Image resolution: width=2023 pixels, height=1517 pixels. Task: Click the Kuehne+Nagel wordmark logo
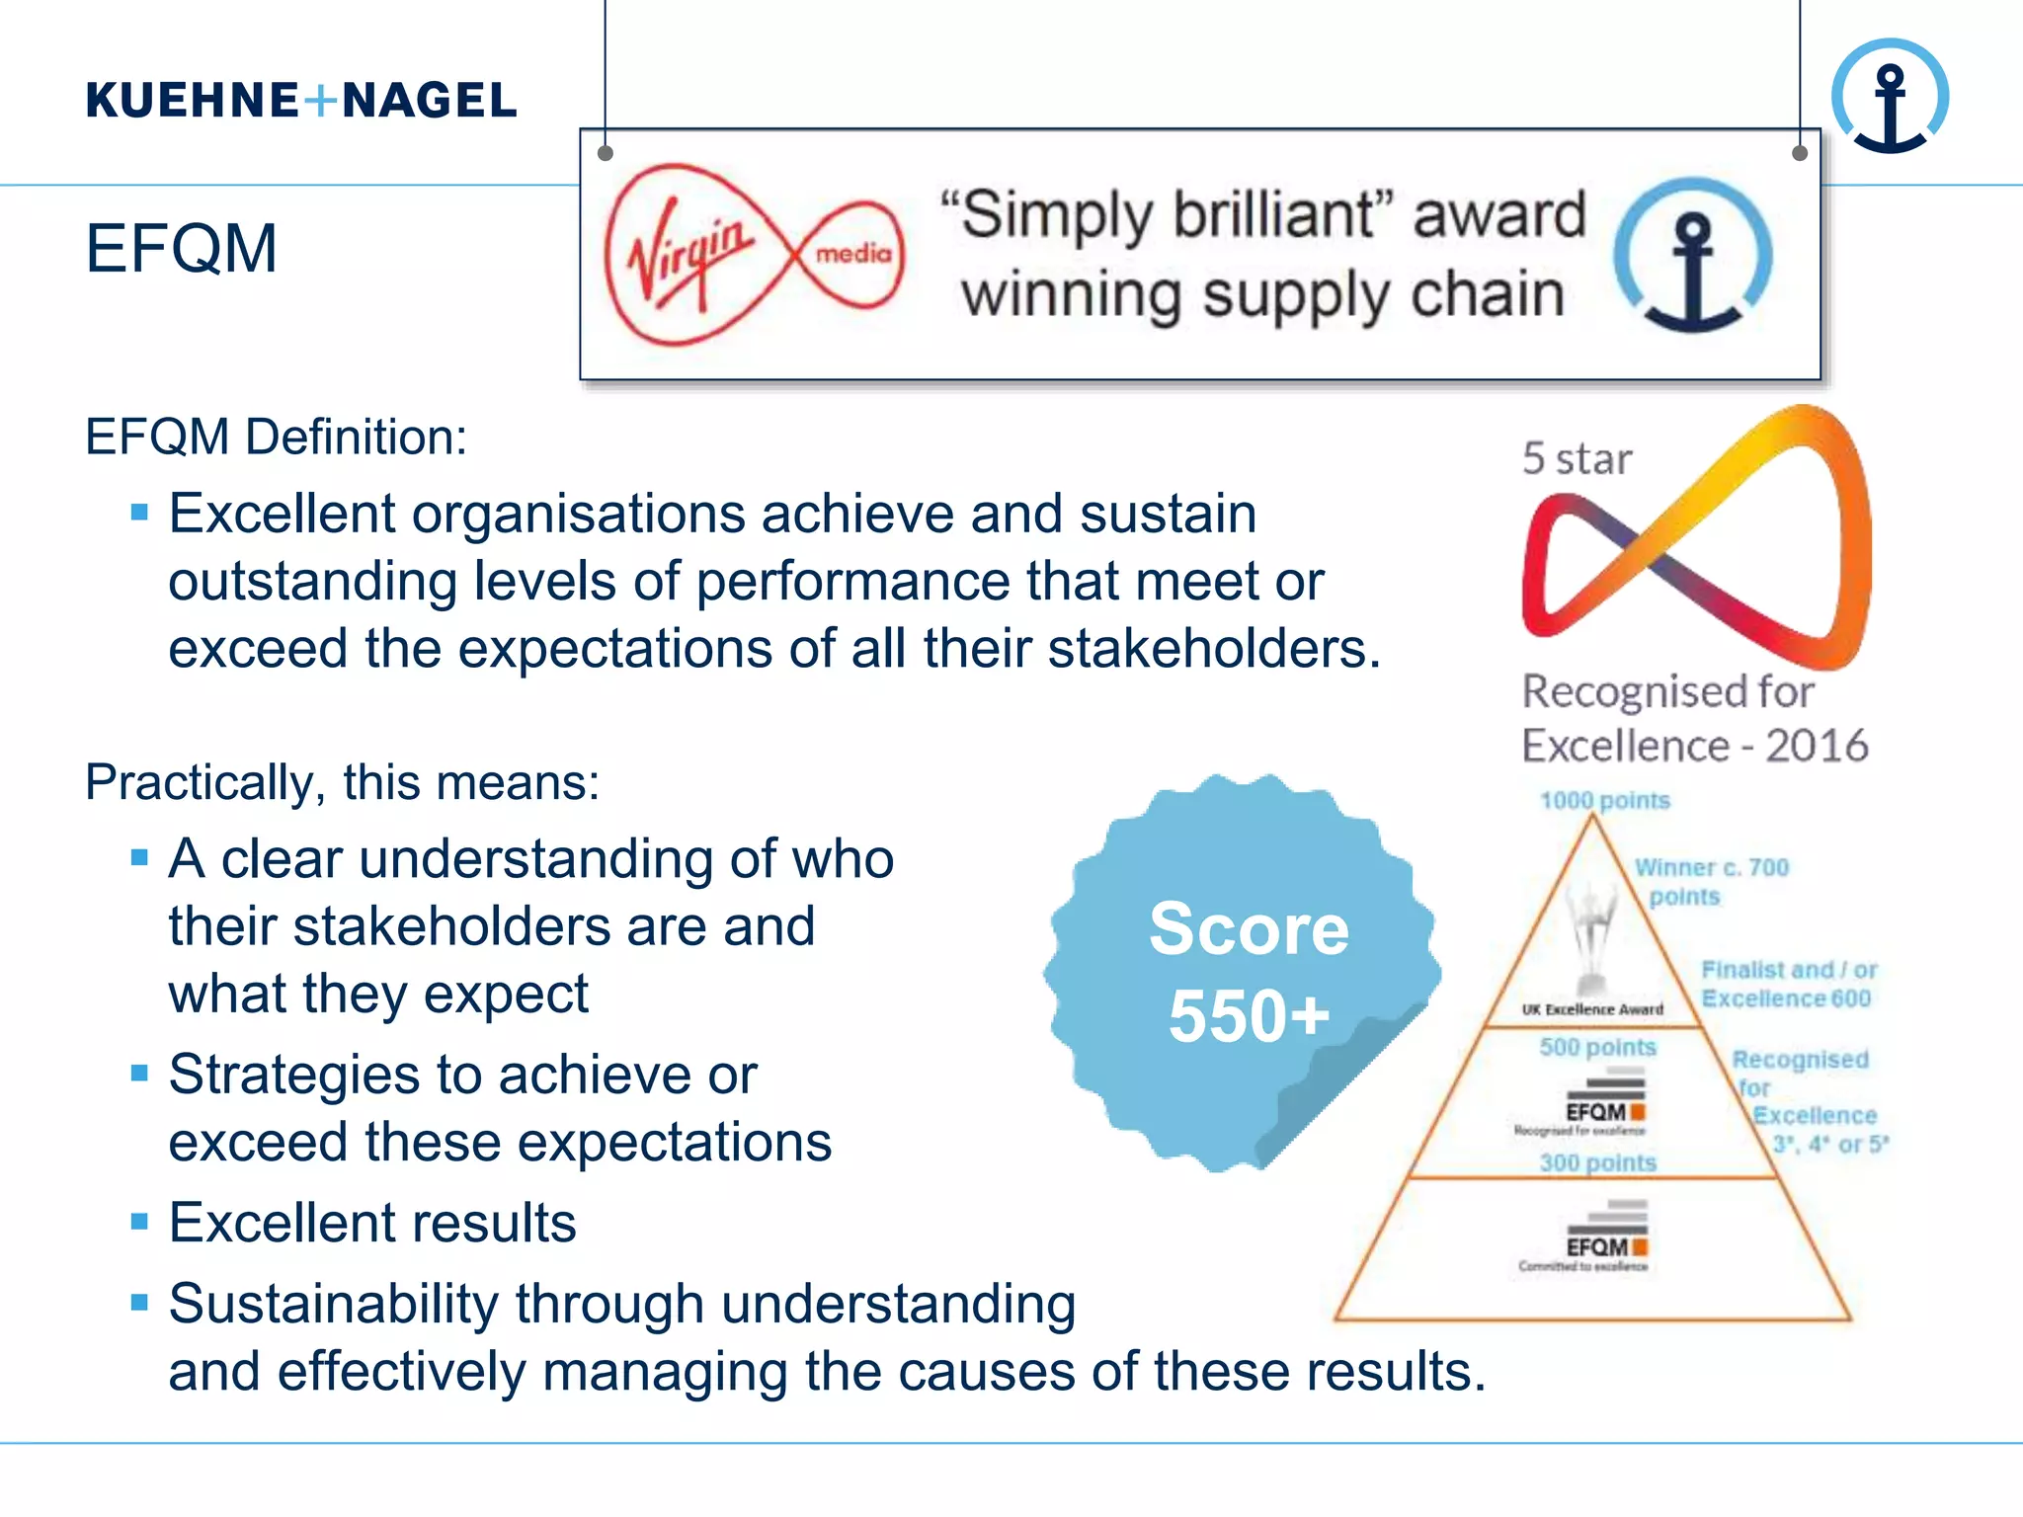pos(301,101)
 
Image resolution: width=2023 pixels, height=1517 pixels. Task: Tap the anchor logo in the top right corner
pos(1890,97)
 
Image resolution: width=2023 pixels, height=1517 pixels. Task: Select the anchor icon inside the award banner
pos(1693,256)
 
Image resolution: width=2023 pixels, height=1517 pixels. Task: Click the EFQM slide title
pos(181,248)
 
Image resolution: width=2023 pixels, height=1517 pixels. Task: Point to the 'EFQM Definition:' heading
pos(276,437)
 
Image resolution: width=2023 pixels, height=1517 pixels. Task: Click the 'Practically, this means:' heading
pos(342,782)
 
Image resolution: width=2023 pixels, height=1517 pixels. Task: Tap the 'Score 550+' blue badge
pos(1247,973)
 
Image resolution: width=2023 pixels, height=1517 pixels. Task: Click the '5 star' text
pos(1577,459)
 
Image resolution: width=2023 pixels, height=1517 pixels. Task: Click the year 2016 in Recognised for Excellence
pos(1817,746)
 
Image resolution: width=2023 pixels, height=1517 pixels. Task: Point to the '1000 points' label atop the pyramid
pos(1605,800)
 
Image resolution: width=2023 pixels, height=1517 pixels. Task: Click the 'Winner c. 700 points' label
pos(1710,882)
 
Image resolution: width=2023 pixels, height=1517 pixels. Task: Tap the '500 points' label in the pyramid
pos(1597,1047)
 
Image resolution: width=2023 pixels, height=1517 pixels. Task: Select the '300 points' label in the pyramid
pos(1597,1162)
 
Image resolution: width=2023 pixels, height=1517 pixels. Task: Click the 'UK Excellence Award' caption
pos(1592,1009)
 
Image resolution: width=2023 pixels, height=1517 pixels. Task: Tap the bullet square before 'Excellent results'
pos(139,1223)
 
